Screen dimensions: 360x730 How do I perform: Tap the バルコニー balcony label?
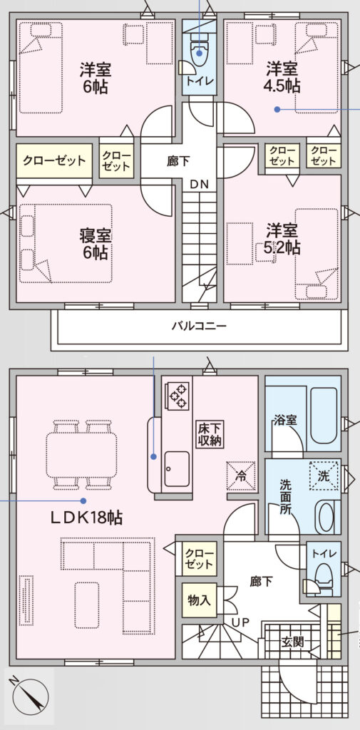[199, 326]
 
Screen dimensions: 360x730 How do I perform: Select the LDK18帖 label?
[87, 518]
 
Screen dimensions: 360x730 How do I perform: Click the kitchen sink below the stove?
[177, 468]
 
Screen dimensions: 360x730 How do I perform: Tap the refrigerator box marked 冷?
[241, 475]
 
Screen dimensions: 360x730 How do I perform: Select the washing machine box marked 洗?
[324, 475]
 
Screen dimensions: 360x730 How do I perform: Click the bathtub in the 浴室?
[324, 416]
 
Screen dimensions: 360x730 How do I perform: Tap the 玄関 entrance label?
[292, 642]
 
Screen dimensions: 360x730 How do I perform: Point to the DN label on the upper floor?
[199, 183]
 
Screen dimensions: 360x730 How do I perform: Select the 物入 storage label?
[199, 600]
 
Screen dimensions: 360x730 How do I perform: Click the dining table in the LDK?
[81, 455]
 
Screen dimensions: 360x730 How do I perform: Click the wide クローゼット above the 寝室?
[54, 161]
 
